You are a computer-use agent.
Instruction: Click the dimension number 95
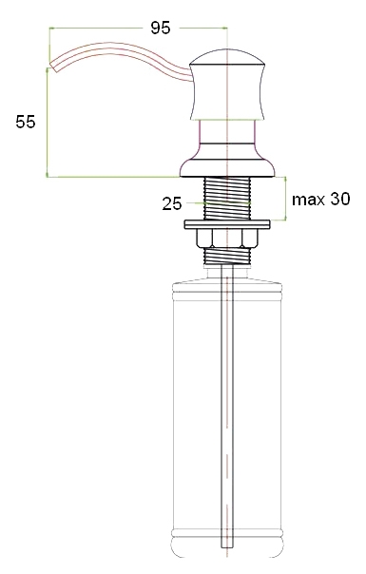161,28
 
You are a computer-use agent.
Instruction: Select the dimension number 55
26,122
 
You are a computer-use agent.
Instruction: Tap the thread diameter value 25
172,203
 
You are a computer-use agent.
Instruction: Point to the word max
308,200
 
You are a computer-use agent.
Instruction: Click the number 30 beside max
340,199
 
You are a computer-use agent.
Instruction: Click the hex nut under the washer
227,238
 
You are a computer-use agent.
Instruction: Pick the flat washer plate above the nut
227,224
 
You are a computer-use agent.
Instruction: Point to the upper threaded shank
227,198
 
